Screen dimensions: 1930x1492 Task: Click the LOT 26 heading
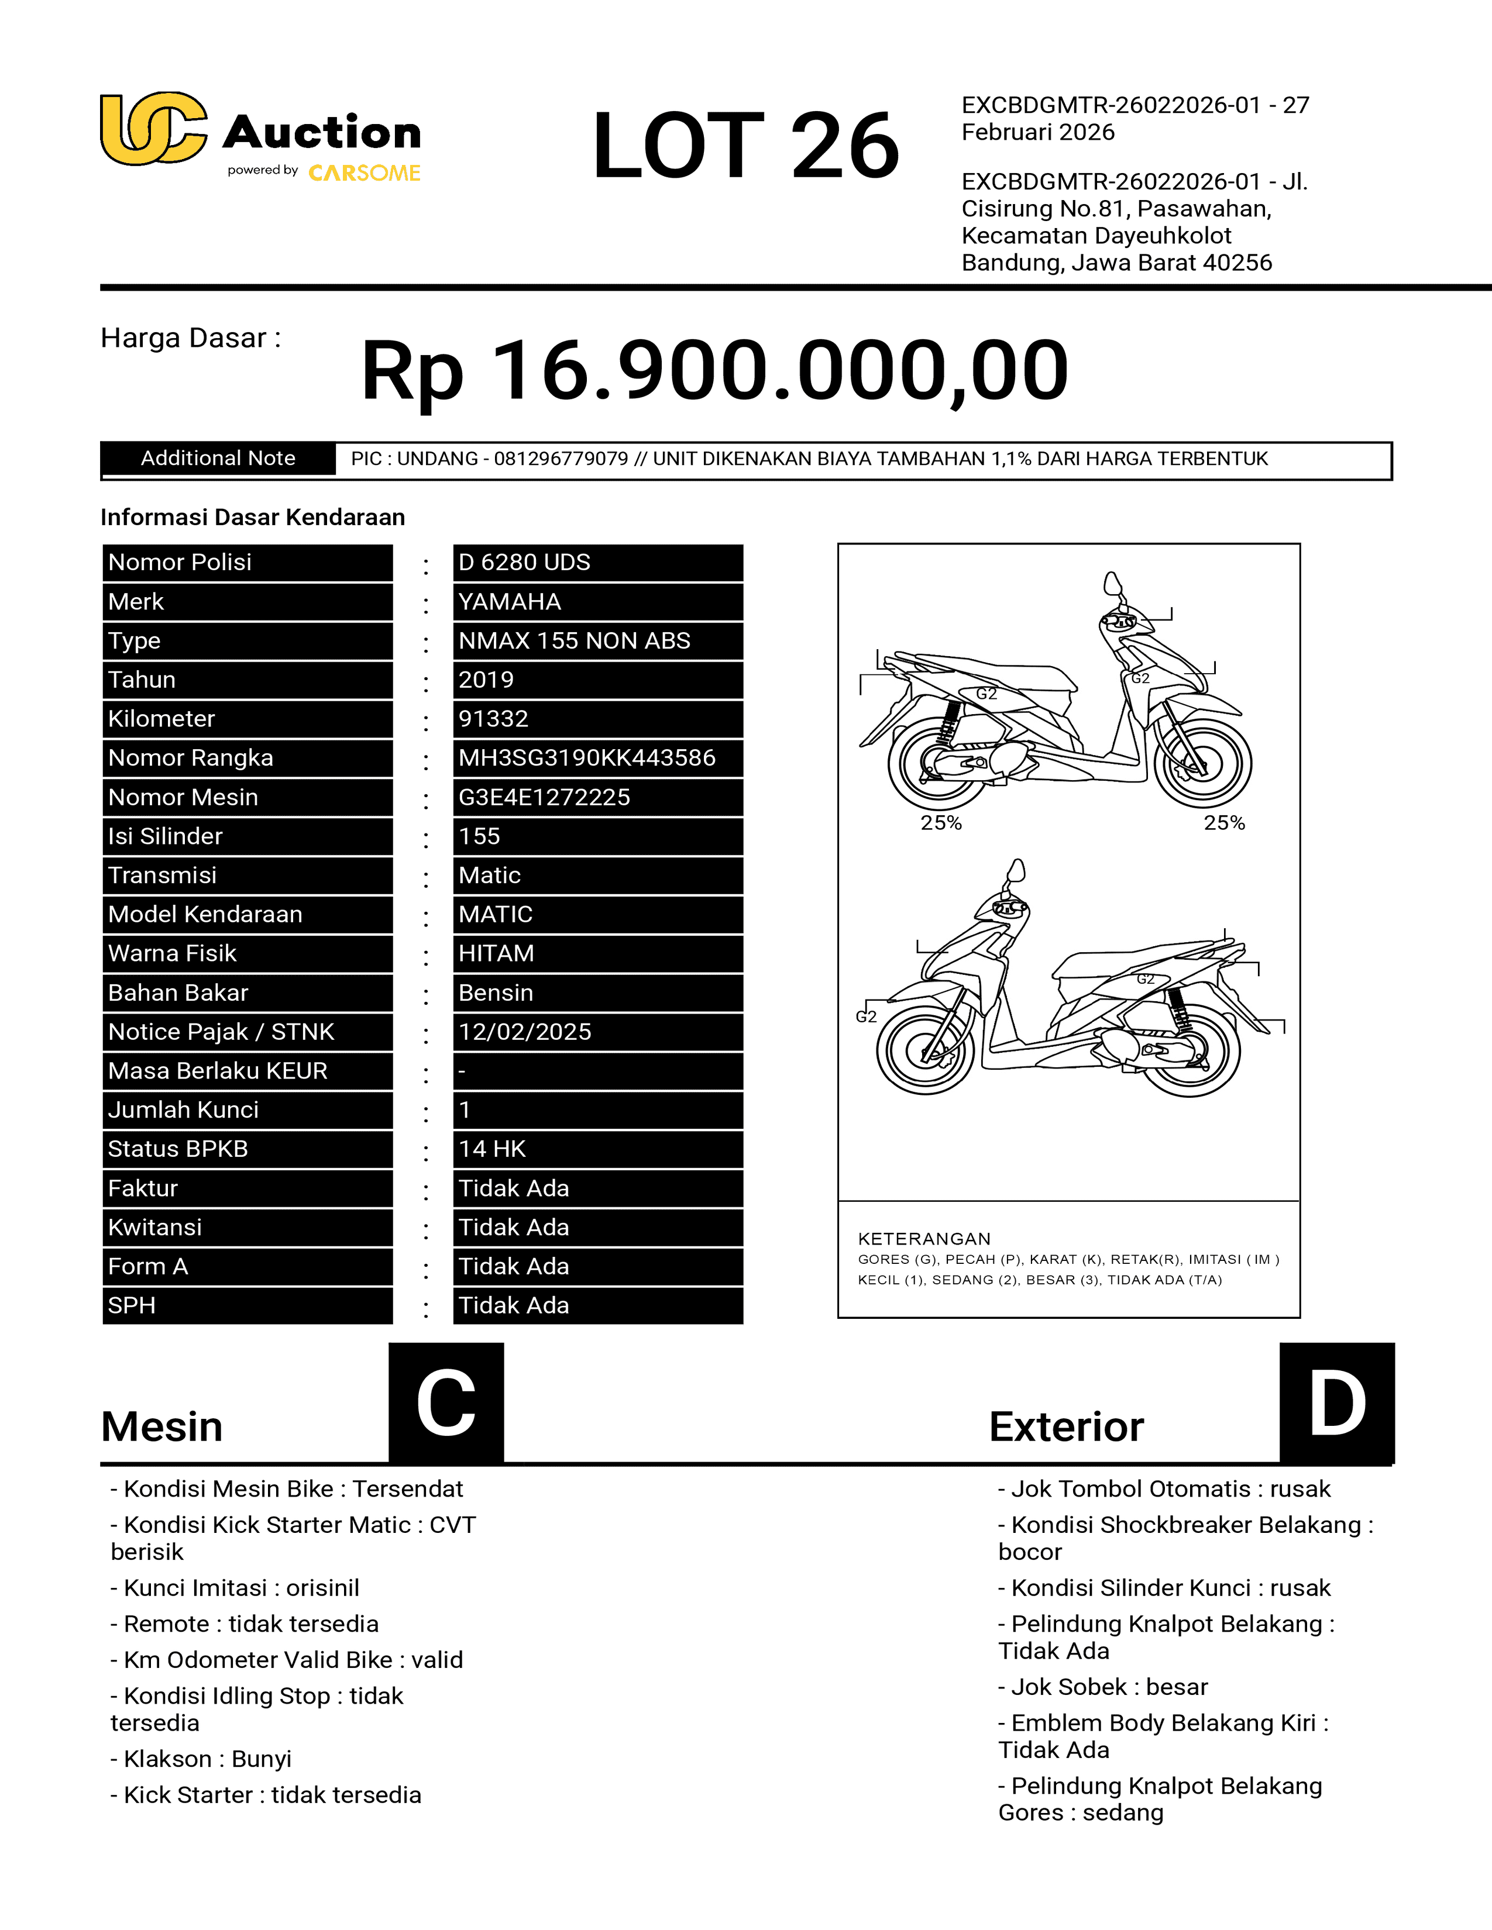(745, 145)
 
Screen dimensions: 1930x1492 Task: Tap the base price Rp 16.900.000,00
(714, 370)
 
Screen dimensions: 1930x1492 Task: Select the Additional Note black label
(218, 459)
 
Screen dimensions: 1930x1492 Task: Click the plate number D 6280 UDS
(524, 563)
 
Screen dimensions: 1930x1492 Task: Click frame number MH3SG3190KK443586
(587, 758)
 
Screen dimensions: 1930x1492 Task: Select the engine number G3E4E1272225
(544, 797)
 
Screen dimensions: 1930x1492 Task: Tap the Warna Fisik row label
(173, 953)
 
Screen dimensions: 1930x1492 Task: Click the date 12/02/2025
(524, 1032)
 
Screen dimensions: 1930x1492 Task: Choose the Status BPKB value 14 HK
(491, 1149)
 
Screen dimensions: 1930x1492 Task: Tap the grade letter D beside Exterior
(1336, 1403)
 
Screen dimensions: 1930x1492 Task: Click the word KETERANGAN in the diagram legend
(924, 1239)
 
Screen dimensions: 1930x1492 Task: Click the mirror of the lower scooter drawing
(1016, 870)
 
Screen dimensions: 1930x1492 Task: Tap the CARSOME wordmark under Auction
(364, 173)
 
